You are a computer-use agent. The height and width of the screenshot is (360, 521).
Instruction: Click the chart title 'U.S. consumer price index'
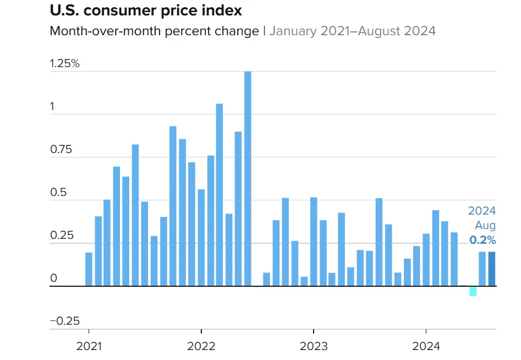click(x=146, y=10)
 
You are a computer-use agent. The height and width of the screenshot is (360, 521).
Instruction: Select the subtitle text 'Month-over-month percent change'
click(x=154, y=31)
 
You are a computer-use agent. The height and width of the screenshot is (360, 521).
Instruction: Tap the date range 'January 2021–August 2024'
click(x=352, y=31)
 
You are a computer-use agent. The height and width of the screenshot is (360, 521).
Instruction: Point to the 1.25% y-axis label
click(x=65, y=63)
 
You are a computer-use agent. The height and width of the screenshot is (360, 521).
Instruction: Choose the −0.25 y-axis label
click(x=65, y=321)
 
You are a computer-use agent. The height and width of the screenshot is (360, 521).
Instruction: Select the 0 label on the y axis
click(x=53, y=279)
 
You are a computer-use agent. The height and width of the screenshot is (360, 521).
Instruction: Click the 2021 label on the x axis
click(x=89, y=346)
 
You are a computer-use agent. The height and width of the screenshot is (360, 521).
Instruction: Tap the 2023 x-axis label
click(x=314, y=346)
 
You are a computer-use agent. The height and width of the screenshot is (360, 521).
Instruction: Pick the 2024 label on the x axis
click(x=426, y=346)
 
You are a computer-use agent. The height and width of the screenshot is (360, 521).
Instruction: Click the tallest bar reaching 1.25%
click(x=248, y=179)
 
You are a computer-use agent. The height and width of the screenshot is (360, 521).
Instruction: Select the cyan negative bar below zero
click(x=473, y=291)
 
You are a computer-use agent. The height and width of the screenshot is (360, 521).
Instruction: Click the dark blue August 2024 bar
click(x=492, y=269)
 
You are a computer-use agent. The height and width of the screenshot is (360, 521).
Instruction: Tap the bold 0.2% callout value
click(x=482, y=240)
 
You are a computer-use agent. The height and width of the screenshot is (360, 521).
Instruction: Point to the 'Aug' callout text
click(x=486, y=225)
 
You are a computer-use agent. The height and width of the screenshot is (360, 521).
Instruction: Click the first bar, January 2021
click(x=89, y=269)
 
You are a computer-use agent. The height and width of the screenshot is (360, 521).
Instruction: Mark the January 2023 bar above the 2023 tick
click(x=314, y=242)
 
